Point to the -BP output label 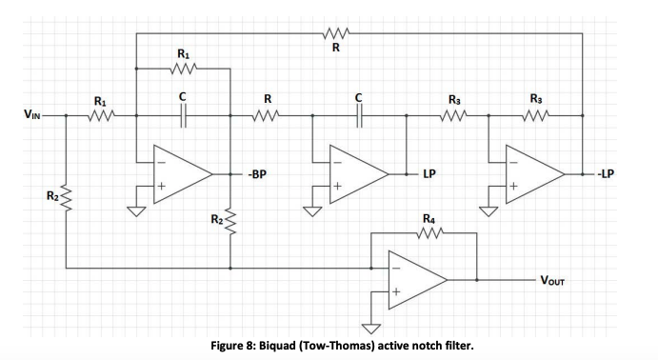(x=256, y=174)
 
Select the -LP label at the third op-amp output (x=608, y=174)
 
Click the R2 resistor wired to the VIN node (x=66, y=198)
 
